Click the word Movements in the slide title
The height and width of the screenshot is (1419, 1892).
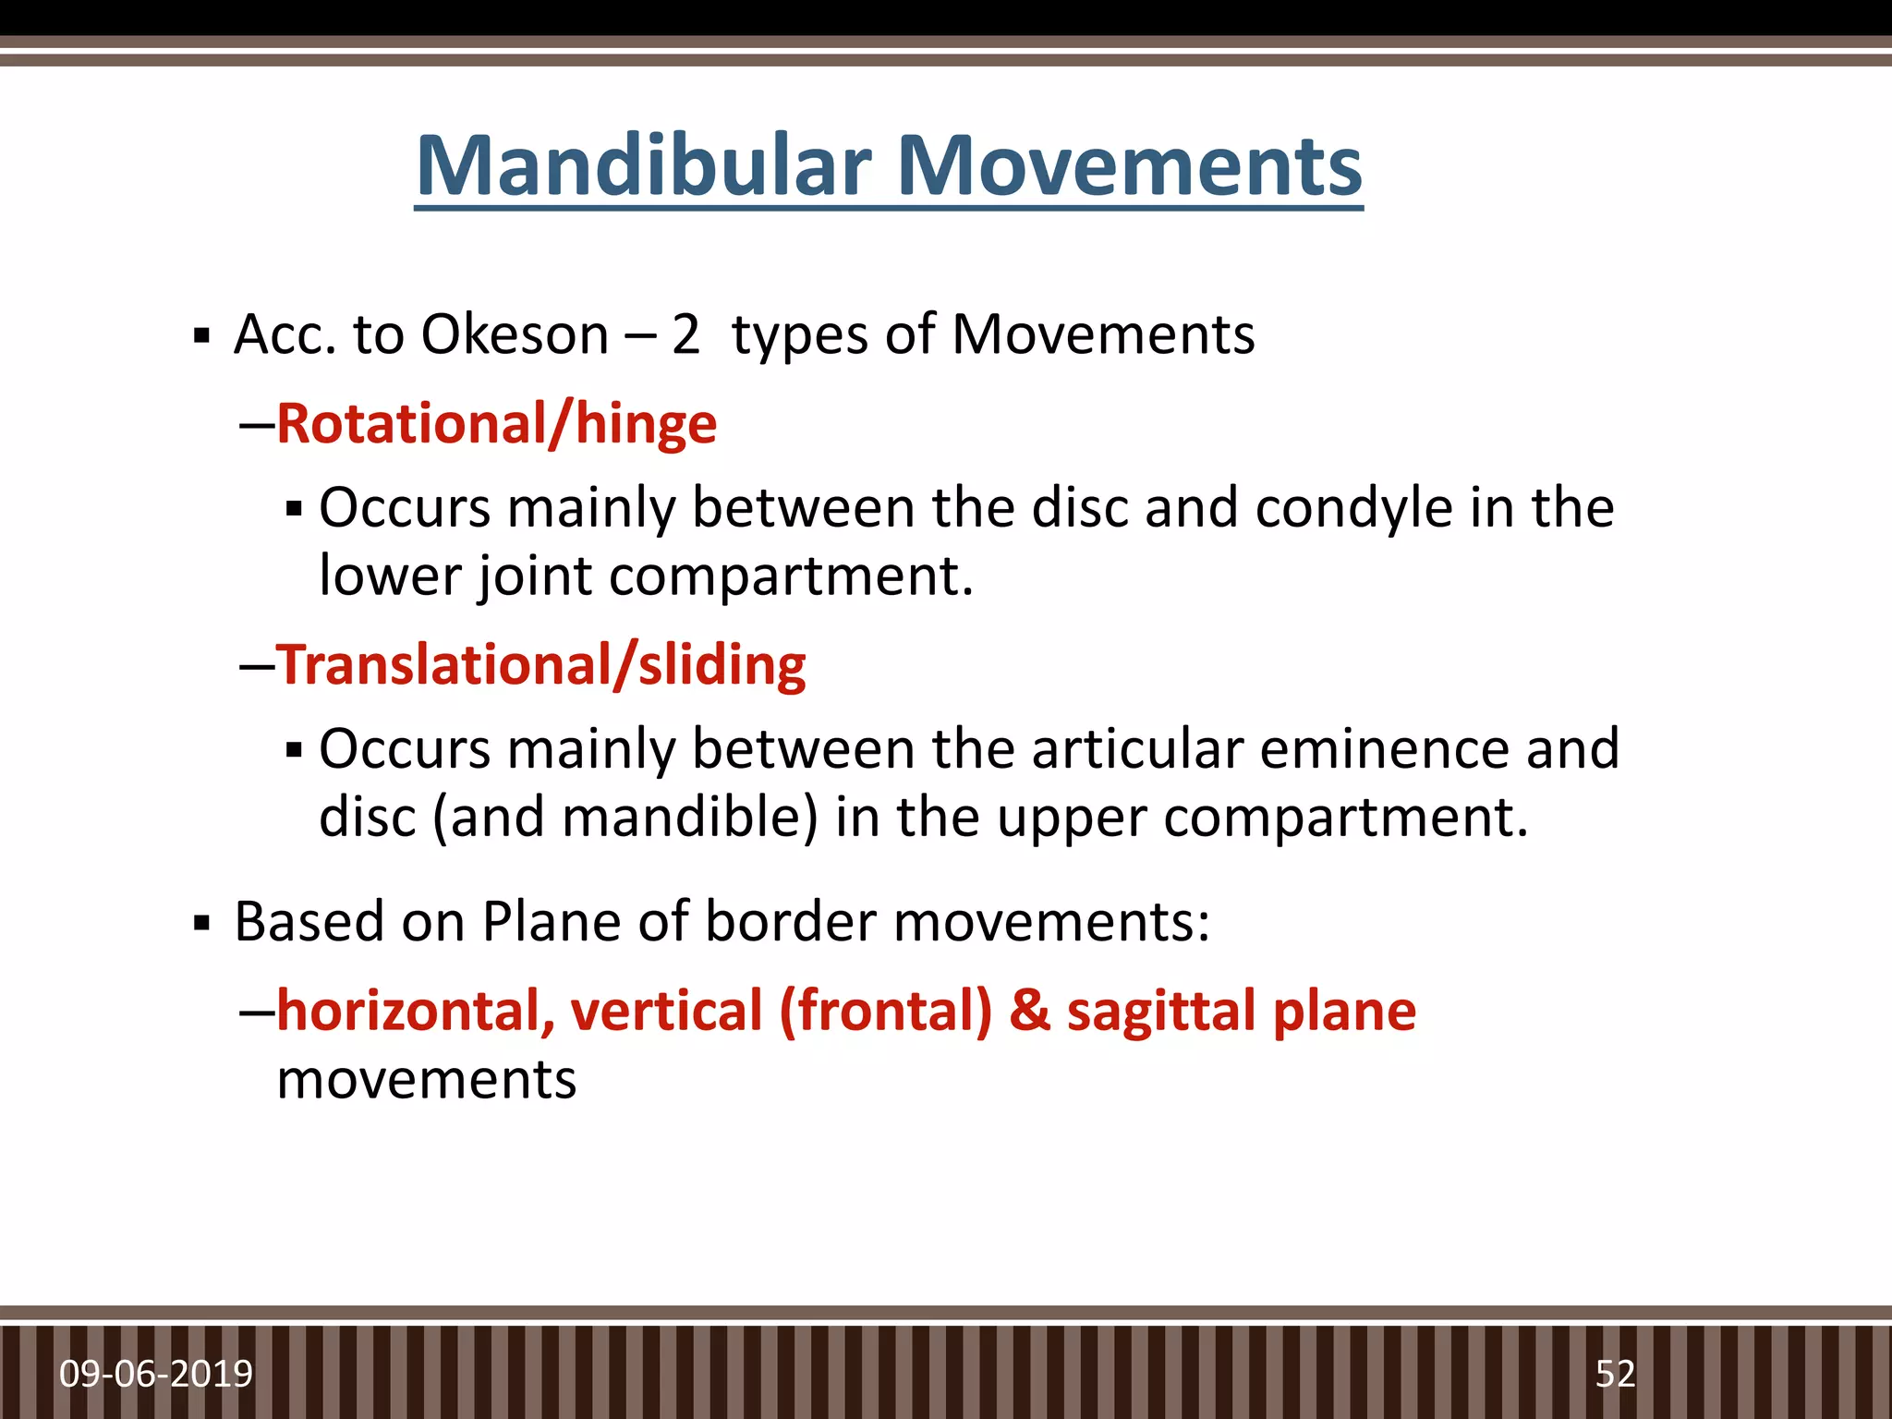click(x=1129, y=166)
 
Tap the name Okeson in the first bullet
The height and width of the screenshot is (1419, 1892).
click(x=515, y=334)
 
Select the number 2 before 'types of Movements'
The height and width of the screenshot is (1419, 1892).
click(x=685, y=334)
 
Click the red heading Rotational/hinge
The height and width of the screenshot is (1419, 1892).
click(x=496, y=424)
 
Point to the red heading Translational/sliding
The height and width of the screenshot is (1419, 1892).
click(x=540, y=665)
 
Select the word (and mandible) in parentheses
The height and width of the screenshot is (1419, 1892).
click(x=625, y=818)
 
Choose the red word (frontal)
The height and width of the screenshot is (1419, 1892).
click(x=885, y=1011)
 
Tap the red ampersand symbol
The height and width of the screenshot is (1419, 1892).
click(x=1029, y=1011)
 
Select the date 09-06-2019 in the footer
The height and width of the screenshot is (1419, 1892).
click(x=156, y=1375)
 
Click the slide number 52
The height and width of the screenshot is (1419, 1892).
click(x=1615, y=1375)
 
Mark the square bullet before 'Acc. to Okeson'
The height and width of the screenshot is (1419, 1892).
click(x=201, y=335)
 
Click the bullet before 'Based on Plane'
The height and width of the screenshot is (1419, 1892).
click(x=201, y=923)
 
